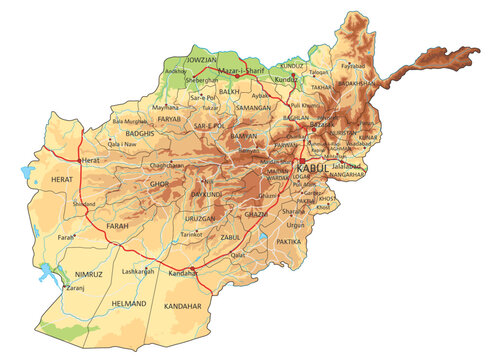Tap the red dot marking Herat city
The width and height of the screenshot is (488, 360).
(x=80, y=160)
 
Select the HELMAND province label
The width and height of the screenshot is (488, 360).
(x=129, y=303)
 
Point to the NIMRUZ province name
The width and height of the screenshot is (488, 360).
(x=75, y=271)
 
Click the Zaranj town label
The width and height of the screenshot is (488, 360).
(x=76, y=288)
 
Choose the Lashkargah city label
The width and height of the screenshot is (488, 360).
(x=138, y=271)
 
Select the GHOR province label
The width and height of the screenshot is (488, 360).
(x=159, y=184)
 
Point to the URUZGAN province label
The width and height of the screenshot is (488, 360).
(x=200, y=218)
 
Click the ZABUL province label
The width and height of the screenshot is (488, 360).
(x=231, y=238)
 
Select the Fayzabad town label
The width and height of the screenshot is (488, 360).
(x=353, y=66)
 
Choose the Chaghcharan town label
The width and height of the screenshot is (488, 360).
(x=166, y=164)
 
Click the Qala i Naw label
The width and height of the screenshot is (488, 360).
(x=121, y=144)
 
